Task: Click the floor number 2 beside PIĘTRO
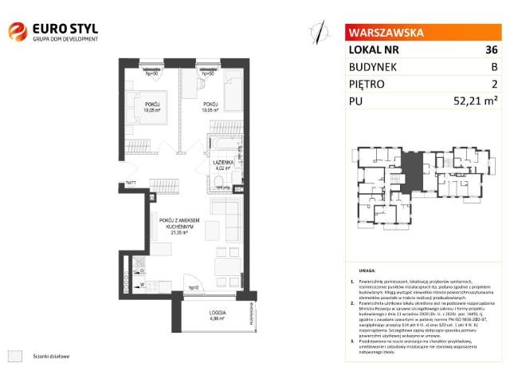[x=494, y=83]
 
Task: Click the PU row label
[x=356, y=101]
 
